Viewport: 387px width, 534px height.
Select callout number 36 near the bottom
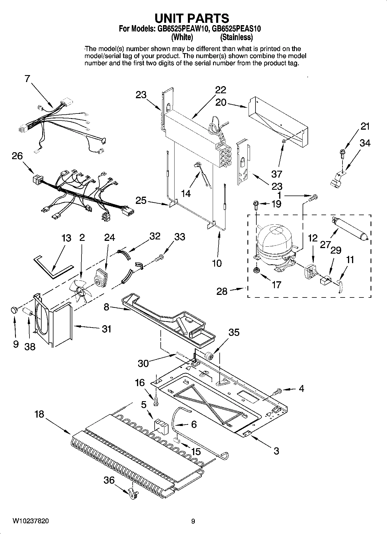pos(109,480)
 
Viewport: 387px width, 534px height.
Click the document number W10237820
pos(31,521)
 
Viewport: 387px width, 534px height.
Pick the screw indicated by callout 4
pos(277,392)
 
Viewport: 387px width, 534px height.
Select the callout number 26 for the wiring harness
pos(17,156)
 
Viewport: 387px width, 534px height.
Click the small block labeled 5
pos(161,427)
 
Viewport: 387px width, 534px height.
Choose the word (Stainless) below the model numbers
pos(236,37)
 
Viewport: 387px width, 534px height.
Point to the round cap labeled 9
pos(14,310)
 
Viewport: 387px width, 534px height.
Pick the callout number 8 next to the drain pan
pos(106,307)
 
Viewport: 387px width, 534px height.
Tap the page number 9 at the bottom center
pos(193,521)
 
